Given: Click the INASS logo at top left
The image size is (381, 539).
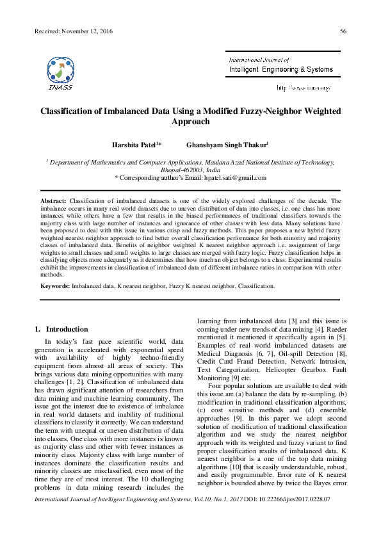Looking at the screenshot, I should (59, 72).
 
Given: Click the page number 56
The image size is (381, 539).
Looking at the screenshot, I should (343, 31).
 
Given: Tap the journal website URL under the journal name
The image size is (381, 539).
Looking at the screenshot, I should (303, 87).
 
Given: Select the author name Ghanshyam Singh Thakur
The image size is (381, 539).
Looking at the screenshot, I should (226, 145).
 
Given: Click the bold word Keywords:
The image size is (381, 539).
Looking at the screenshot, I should (55, 286).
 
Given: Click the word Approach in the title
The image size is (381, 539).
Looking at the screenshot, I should (191, 120).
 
